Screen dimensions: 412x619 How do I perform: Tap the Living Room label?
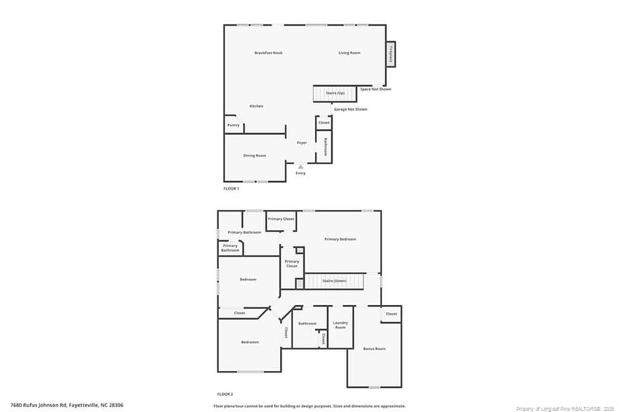click(350, 53)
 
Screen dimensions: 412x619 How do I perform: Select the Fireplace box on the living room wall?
click(392, 54)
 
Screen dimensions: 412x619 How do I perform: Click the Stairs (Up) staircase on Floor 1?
click(334, 94)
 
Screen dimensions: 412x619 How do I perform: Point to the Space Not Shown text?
click(376, 89)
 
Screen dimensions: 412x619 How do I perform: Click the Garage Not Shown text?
click(351, 109)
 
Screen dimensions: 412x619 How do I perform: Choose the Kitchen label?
click(256, 106)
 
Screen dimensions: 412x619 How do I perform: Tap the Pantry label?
click(233, 125)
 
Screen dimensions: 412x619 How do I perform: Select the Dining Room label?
click(255, 156)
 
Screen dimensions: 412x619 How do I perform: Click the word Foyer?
click(302, 142)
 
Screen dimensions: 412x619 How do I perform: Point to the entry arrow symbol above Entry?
click(300, 166)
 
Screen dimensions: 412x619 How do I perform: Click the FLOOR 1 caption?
click(231, 188)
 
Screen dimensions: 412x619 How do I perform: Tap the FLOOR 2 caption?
click(225, 395)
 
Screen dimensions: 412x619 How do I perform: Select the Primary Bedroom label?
click(340, 239)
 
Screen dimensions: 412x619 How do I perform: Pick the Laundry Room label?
click(340, 325)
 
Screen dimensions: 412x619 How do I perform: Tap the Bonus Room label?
click(374, 348)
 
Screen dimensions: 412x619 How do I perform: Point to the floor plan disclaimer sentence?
click(309, 405)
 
